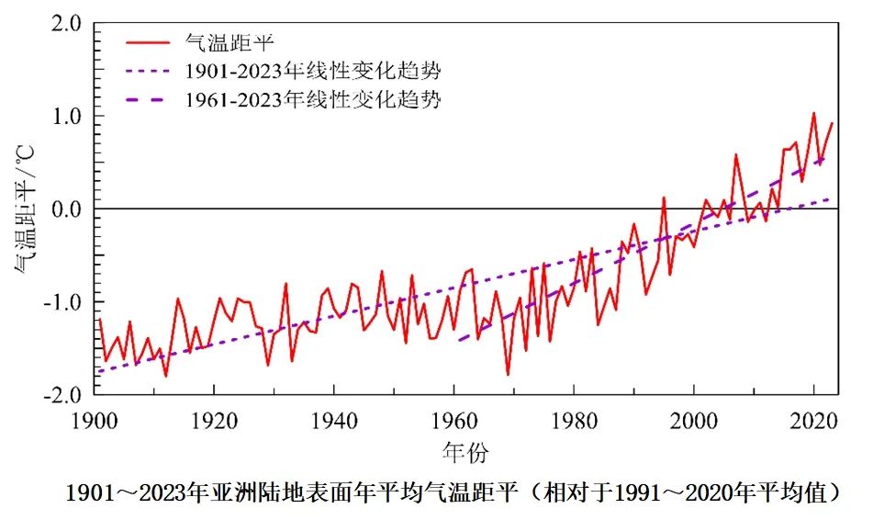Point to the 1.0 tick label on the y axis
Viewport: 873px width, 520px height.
click(64, 117)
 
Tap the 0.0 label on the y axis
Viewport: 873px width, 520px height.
click(64, 209)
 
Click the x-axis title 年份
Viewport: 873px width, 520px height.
click(466, 452)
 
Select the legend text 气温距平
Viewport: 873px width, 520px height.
click(226, 41)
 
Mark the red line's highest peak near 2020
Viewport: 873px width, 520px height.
click(813, 113)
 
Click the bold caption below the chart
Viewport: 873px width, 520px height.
click(453, 493)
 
